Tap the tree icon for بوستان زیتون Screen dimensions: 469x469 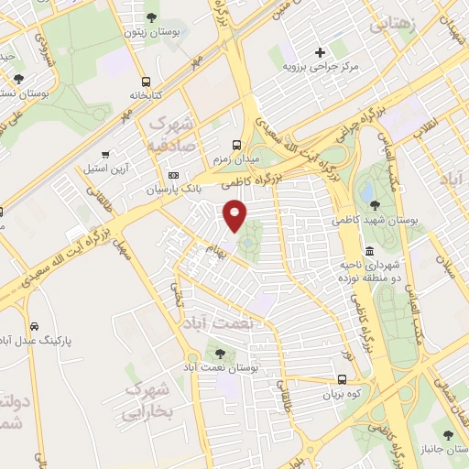click(x=151, y=17)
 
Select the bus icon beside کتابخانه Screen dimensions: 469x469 click(x=147, y=81)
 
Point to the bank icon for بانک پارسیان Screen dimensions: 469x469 click(x=174, y=175)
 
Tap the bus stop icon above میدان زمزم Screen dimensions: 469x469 click(x=237, y=144)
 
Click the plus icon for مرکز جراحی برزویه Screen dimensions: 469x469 click(x=319, y=52)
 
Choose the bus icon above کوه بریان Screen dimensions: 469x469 click(x=341, y=380)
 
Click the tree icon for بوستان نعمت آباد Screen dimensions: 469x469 click(x=219, y=352)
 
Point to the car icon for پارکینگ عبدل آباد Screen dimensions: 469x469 click(x=34, y=326)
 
